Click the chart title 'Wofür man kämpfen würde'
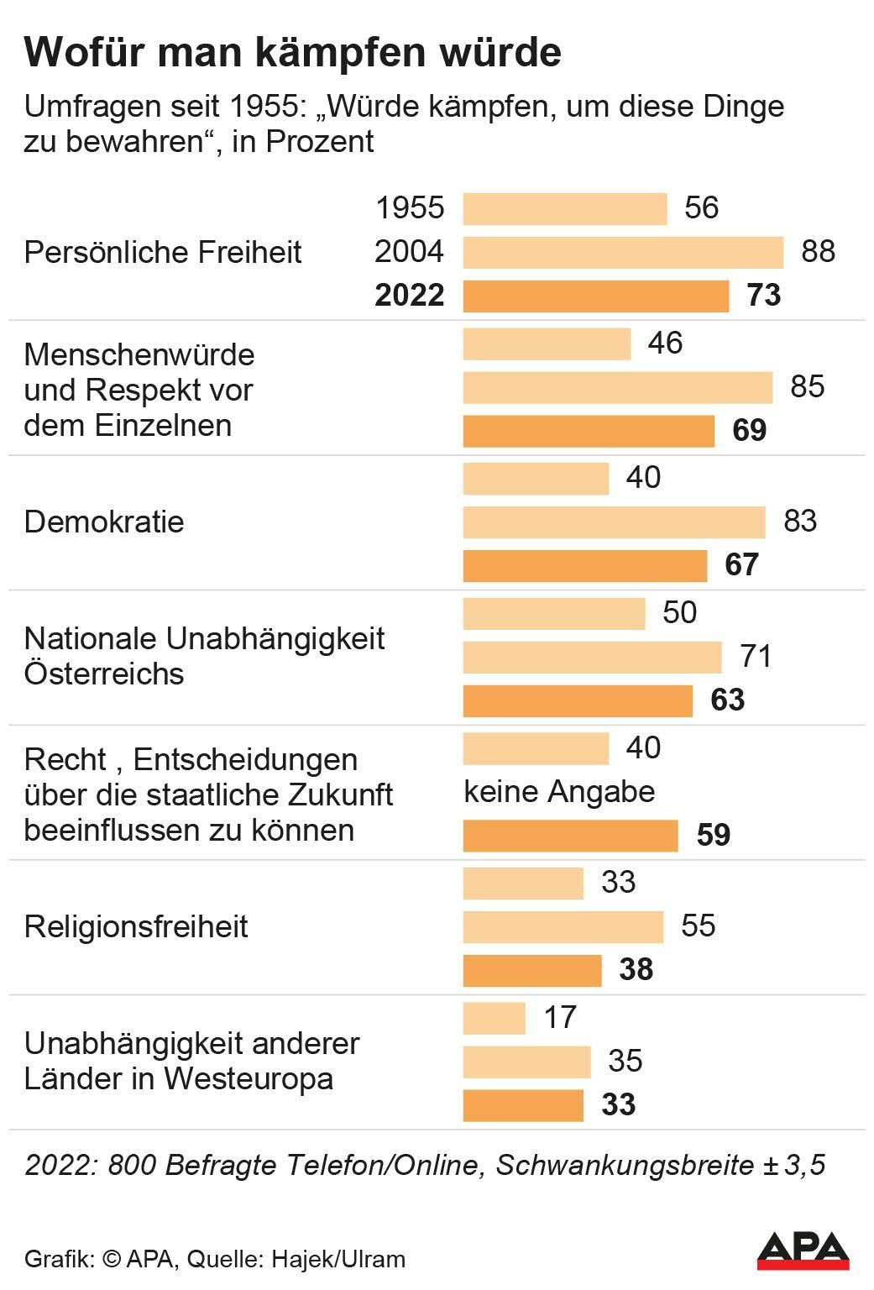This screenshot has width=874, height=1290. pos(292,52)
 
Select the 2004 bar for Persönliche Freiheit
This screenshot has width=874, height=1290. pos(622,252)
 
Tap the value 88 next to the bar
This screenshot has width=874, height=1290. pos(818,252)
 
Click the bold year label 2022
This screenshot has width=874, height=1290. pos(409,296)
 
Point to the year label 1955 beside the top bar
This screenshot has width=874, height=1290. pos(409,208)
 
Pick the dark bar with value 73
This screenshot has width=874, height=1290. pos(595,296)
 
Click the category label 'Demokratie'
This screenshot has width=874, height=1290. pos(104,522)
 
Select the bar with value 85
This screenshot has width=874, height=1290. pos(617,387)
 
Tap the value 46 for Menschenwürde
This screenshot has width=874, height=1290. pos(665,343)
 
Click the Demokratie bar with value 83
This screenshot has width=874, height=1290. pos(614,522)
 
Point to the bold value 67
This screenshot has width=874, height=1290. pos(741,565)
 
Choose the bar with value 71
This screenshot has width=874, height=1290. pos(592,657)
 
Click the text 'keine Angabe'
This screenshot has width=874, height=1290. pos(559,791)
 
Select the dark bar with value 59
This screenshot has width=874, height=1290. pos(570,836)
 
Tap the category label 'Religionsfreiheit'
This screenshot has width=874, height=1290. pos(136,927)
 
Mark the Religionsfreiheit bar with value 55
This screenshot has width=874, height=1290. pos(563,926)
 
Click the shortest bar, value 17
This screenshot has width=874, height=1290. pos(494,1018)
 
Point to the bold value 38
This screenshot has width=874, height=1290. pos(636,970)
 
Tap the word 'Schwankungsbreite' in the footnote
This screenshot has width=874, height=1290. pos(625,1166)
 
